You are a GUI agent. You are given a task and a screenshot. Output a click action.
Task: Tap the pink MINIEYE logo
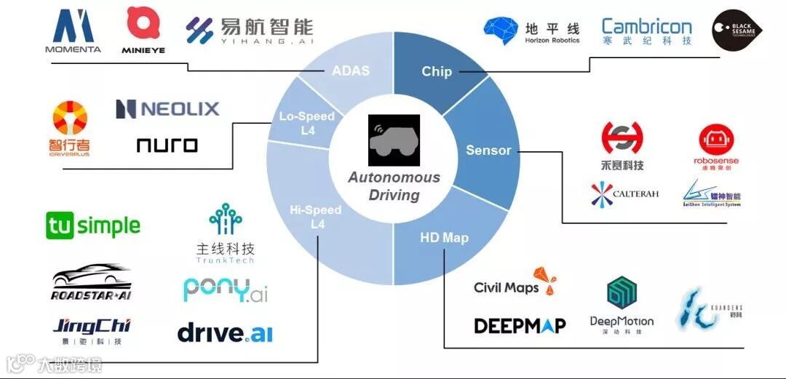tap(143, 29)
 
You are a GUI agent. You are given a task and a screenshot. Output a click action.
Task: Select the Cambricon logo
tap(646, 31)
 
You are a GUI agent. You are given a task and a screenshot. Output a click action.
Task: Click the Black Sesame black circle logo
tap(737, 30)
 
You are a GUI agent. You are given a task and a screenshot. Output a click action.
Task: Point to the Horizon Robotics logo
tap(532, 31)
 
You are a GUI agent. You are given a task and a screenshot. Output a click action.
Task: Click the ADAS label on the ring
tap(351, 71)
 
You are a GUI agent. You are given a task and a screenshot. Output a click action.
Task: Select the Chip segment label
tap(437, 71)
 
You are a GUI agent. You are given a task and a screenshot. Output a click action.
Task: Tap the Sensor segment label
tap(488, 150)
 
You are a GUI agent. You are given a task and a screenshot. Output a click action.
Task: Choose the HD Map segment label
tap(444, 238)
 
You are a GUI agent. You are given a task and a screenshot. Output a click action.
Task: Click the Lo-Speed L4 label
tap(307, 122)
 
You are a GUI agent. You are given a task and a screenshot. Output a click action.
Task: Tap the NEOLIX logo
tap(167, 109)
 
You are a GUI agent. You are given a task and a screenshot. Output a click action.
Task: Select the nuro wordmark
tap(167, 145)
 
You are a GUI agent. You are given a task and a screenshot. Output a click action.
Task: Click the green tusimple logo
tap(92, 226)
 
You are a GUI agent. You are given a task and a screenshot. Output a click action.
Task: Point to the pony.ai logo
tap(226, 290)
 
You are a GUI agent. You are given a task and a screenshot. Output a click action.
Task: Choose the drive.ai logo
tap(225, 333)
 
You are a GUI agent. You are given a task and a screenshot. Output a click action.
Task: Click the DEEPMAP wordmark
tap(520, 325)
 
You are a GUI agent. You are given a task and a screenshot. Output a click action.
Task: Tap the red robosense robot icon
tap(716, 138)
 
